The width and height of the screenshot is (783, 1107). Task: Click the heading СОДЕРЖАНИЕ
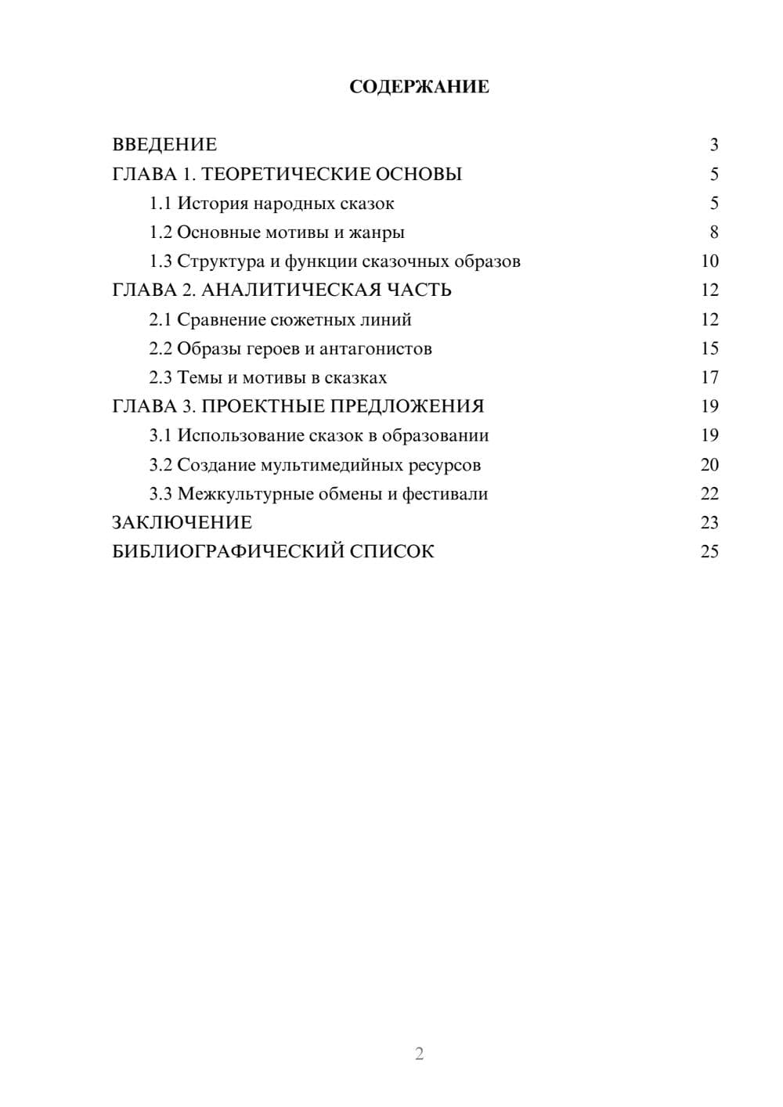coord(419,87)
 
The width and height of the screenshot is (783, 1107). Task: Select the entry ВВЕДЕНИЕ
coord(164,145)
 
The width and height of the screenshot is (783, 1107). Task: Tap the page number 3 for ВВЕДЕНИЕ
coord(713,145)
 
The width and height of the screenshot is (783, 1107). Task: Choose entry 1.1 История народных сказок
coord(272,204)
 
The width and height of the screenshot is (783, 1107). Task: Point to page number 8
coord(713,233)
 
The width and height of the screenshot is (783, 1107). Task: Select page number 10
coord(709,261)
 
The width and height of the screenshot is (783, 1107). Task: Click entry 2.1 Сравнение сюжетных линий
coord(280,319)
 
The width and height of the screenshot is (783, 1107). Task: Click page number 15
coord(709,348)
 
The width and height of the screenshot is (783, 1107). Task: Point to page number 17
coord(709,377)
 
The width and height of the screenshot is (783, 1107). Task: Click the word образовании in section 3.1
coord(435,435)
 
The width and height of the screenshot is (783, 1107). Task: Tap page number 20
coord(709,464)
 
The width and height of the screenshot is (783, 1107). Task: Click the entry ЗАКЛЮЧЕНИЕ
coord(182,522)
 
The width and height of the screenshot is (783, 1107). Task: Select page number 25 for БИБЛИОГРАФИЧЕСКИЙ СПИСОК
coord(709,551)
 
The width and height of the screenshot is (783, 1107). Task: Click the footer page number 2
coord(419,1054)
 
